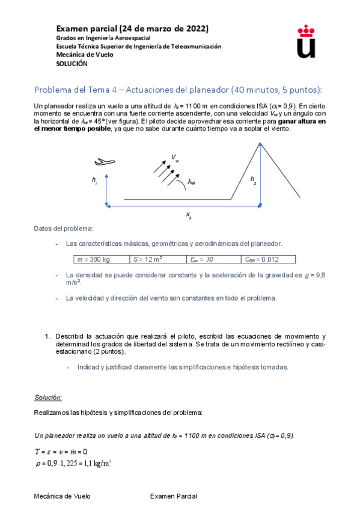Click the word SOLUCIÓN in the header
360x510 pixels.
click(x=72, y=63)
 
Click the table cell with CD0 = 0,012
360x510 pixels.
click(x=267, y=259)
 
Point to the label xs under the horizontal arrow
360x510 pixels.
click(x=189, y=214)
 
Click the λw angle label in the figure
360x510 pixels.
click(x=192, y=182)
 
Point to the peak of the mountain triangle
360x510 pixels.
click(x=260, y=143)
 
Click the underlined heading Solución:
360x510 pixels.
click(x=48, y=398)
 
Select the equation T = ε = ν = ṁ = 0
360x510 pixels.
click(x=61, y=451)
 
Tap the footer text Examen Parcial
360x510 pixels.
click(x=173, y=496)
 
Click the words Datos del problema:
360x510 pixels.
click(x=63, y=229)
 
